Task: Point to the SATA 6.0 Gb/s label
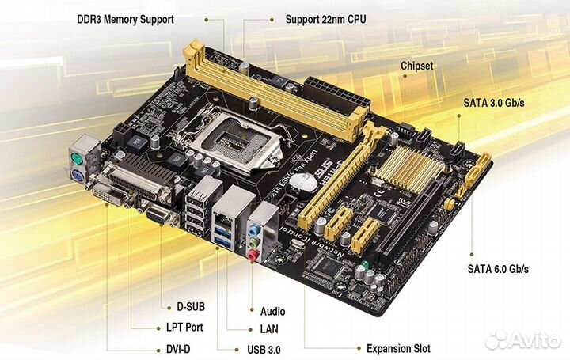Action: point(496,268)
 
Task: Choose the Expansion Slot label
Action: point(398,347)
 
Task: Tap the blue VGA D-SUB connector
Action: point(156,214)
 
